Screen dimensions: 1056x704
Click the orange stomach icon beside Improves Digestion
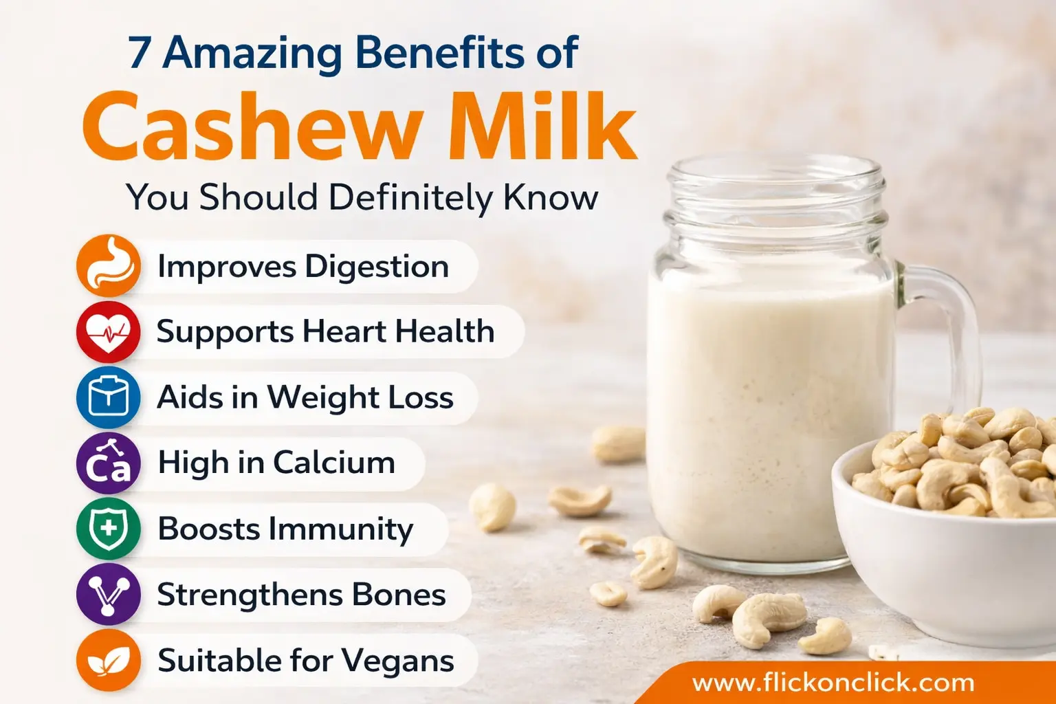[109, 266]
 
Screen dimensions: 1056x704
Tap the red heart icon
[109, 331]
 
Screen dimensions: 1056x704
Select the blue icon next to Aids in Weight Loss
[109, 397]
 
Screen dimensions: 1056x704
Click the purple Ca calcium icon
[109, 463]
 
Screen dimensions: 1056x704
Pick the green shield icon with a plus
[109, 529]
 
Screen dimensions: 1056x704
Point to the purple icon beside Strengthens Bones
[109, 594]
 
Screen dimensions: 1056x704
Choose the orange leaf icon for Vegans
[109, 660]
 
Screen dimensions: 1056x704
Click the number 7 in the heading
[140, 54]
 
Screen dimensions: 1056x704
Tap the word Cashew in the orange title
[252, 126]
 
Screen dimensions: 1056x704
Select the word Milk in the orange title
[542, 126]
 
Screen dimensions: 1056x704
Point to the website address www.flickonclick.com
[833, 683]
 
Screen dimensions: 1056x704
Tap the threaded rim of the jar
[775, 198]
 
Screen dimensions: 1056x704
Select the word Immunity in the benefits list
[340, 529]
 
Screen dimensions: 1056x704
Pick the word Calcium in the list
[333, 462]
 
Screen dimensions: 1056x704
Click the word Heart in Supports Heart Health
[344, 331]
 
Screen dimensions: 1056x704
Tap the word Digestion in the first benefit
[377, 267]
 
